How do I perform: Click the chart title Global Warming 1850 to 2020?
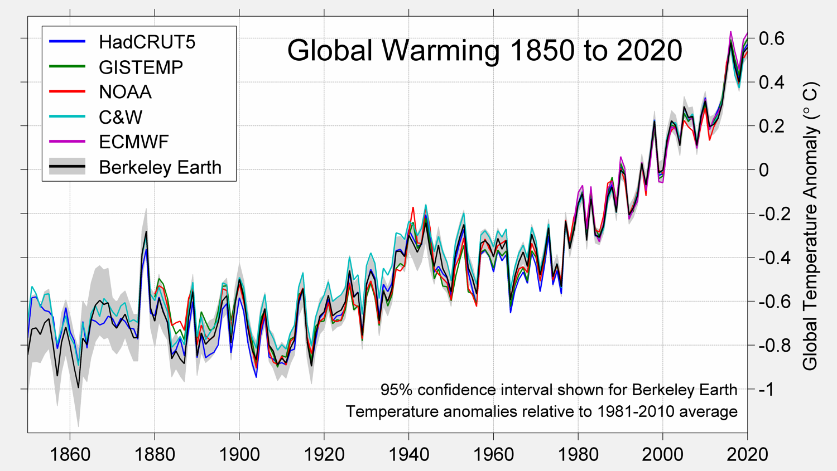point(484,51)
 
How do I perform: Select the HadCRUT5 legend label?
point(147,42)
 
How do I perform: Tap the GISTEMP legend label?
point(141,67)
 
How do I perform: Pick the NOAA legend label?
point(125,92)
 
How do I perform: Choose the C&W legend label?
point(121,117)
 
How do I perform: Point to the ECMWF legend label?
point(133,142)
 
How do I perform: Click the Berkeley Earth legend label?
point(160,167)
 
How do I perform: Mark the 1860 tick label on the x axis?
point(70,454)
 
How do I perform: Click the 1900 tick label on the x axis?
point(239,454)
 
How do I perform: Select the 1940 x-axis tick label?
point(408,454)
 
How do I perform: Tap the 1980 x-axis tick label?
point(578,454)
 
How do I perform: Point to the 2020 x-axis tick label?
point(747,454)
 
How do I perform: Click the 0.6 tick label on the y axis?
point(772,38)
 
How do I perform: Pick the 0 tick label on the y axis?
point(764,170)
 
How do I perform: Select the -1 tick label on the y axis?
point(767,389)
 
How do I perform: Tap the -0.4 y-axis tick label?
point(775,258)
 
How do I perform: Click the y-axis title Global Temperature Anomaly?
point(810,226)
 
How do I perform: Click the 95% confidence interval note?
point(559,390)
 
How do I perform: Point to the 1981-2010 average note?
point(541,411)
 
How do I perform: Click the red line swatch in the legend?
point(68,92)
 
